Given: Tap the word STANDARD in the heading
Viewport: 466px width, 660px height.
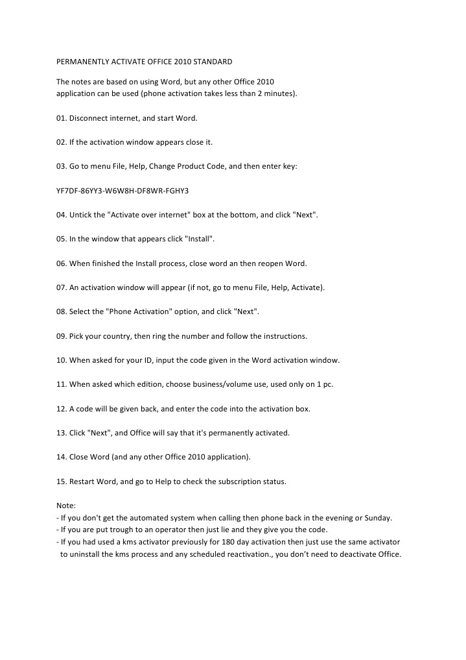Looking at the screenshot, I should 211,62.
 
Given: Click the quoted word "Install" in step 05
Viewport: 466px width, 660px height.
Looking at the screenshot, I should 200,239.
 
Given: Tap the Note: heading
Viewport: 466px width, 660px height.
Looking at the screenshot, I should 66,505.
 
